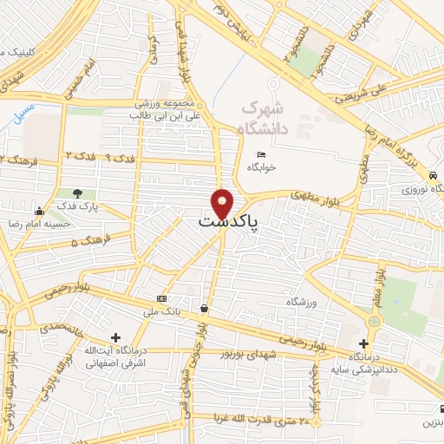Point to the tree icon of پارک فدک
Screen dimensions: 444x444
tap(79, 193)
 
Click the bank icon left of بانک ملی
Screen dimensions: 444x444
tap(160, 298)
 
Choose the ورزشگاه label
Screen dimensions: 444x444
tap(304, 302)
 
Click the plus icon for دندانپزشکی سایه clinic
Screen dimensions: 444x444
tap(363, 343)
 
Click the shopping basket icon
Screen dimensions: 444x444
tap(204, 308)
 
